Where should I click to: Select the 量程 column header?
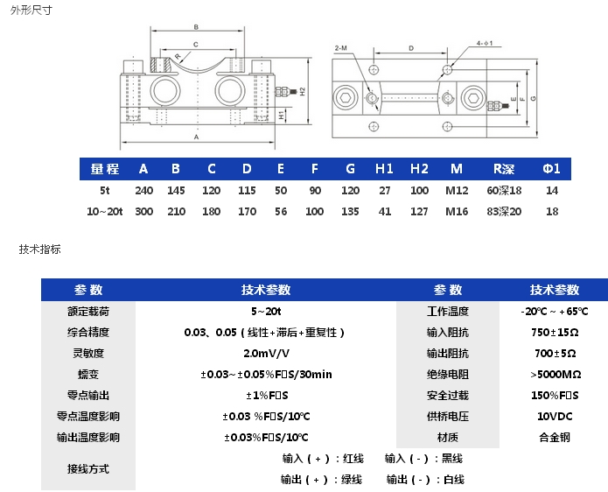pos(104,168)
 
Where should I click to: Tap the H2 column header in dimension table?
pos(419,168)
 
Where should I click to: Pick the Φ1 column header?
pos(551,168)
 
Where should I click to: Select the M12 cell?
pos(457,190)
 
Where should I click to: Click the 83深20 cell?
pos(503,211)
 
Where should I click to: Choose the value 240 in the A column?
pos(143,190)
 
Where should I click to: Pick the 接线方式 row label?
pos(88,469)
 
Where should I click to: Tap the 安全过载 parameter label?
pos(447,396)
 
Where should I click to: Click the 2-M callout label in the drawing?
pos(341,46)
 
